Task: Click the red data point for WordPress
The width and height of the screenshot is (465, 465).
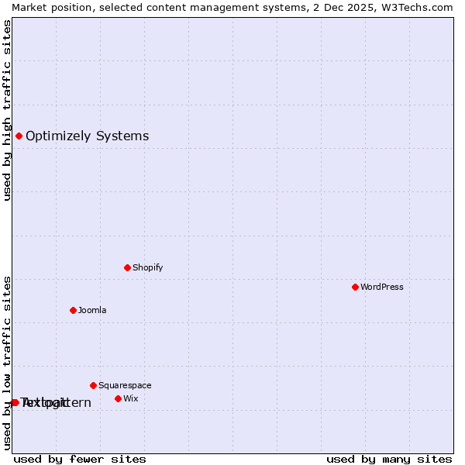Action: pos(355,287)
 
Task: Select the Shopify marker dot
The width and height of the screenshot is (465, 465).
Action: pos(127,267)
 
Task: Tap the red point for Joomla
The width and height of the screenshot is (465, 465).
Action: pos(73,310)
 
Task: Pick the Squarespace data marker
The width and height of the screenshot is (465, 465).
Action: pos(93,385)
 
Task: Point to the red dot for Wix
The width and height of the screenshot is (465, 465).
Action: pos(118,398)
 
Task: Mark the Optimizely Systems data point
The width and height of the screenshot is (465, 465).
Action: pos(19,136)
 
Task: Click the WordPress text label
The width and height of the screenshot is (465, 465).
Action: pos(382,287)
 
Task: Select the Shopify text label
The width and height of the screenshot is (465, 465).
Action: pos(147,267)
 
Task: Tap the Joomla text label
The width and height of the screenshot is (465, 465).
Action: pos(92,310)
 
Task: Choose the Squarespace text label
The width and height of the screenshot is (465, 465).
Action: pos(125,385)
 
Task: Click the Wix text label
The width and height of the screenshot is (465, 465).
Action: pos(130,398)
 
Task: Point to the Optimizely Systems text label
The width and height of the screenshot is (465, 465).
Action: pos(87,136)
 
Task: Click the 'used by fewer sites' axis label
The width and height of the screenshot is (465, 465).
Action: pos(80,459)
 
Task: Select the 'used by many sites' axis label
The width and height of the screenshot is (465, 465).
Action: pos(389,459)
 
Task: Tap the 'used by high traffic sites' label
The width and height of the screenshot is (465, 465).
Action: pos(7,110)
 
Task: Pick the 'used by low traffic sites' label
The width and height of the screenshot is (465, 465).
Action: pos(7,363)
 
